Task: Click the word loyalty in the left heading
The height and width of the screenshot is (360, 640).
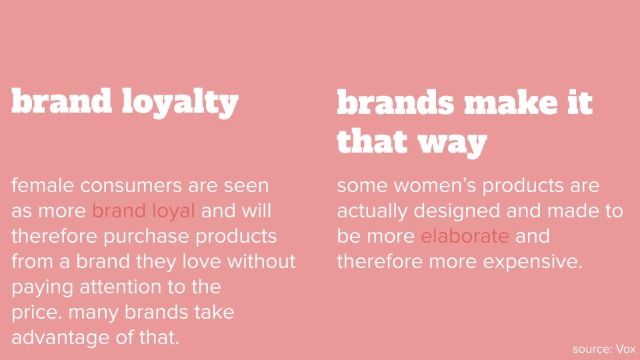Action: click(x=180, y=103)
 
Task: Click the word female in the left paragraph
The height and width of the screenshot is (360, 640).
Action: click(x=43, y=185)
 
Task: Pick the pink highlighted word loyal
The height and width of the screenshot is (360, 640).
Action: click(x=173, y=212)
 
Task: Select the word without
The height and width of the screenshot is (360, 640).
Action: click(x=261, y=261)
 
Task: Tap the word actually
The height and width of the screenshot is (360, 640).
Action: click(x=372, y=212)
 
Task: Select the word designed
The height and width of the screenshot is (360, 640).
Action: click(x=457, y=212)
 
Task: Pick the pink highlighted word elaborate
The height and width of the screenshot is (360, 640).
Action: click(x=465, y=236)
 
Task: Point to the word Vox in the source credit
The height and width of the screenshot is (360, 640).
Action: click(x=626, y=349)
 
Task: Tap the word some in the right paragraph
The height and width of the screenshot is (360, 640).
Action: click(x=363, y=186)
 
